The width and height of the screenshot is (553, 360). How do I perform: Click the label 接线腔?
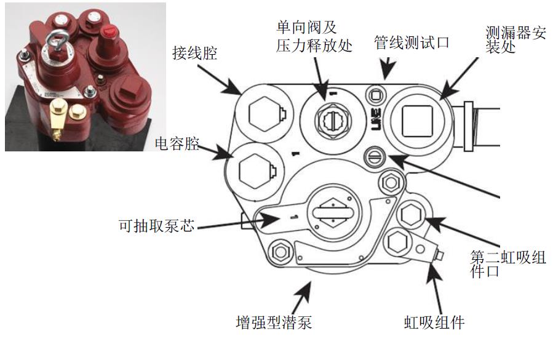pos(196,55)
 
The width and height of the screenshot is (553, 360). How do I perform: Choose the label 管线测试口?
pos(412,42)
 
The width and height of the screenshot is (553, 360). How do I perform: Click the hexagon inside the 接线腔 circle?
pos(264,114)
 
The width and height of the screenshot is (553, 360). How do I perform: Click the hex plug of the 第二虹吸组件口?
pos(408,215)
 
